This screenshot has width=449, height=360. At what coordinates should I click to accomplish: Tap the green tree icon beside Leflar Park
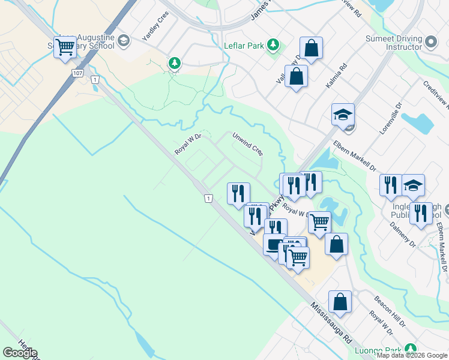273,44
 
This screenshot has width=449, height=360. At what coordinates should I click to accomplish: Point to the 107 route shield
77,73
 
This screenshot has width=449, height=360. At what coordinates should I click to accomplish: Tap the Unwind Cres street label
248,144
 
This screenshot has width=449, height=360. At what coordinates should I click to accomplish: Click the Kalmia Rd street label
336,77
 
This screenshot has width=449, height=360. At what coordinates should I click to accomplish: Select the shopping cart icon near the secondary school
65,47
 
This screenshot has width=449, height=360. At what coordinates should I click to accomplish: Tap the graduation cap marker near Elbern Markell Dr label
343,114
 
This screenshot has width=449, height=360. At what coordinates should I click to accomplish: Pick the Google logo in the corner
20,353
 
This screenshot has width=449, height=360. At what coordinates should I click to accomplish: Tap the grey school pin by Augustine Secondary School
124,41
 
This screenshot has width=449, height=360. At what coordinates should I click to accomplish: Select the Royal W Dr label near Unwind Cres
187,145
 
